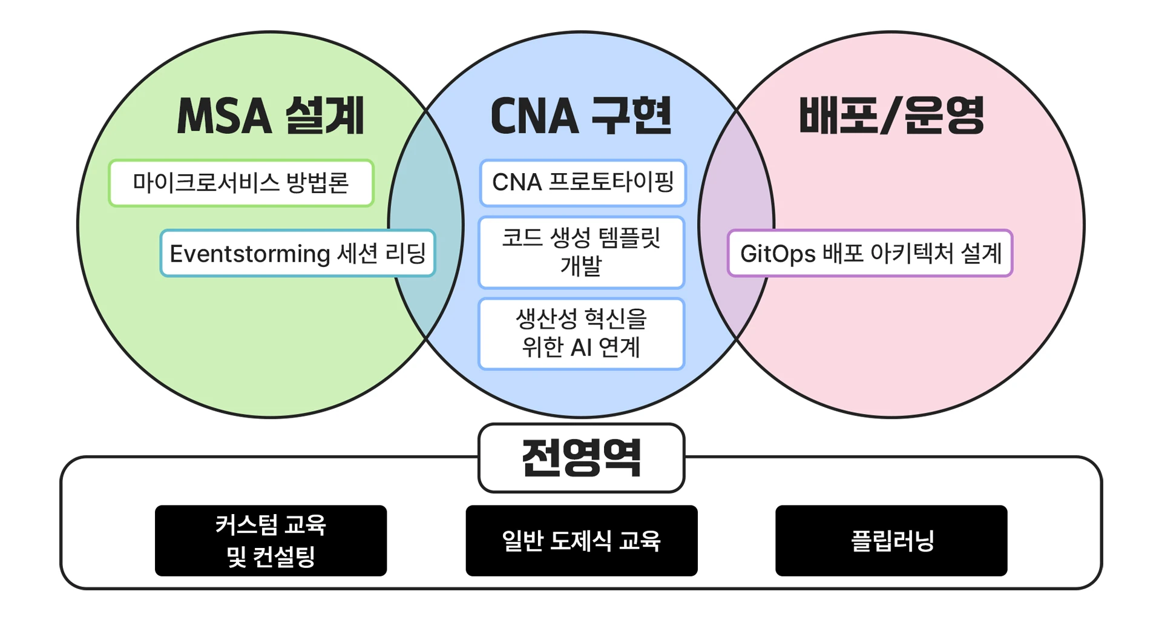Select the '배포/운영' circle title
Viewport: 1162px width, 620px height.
(891, 115)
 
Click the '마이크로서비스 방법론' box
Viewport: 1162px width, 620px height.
(241, 183)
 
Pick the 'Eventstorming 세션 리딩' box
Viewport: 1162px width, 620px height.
(298, 253)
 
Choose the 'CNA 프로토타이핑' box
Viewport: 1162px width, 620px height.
(583, 182)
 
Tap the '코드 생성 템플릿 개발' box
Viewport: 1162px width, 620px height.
(582, 252)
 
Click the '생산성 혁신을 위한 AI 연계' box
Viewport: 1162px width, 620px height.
(582, 334)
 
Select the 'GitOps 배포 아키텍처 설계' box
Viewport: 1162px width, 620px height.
(870, 253)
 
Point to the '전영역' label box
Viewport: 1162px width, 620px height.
(582, 458)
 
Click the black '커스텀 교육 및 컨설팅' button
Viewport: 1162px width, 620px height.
(271, 541)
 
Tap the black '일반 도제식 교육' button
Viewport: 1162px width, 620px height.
(582, 541)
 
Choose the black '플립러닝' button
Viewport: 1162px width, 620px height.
(891, 541)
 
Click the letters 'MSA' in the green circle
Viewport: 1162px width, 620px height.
(225, 116)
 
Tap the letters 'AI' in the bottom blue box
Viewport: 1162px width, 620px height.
(581, 348)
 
